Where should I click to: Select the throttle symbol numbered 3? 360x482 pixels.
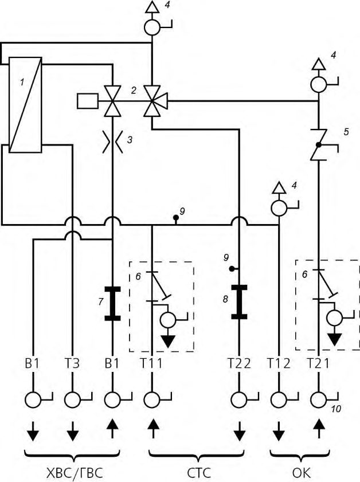click(x=113, y=142)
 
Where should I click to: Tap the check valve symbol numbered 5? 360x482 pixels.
click(x=319, y=145)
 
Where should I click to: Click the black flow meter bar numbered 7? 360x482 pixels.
click(x=112, y=303)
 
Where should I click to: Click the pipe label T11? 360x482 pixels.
click(x=151, y=364)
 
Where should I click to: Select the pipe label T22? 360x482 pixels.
click(x=239, y=364)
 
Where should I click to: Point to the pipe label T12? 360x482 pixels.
click(x=279, y=364)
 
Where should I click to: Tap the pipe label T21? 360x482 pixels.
click(x=319, y=364)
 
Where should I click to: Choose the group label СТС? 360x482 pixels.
click(x=199, y=472)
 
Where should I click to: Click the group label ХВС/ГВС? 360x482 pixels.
click(x=74, y=472)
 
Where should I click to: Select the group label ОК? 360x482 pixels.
click(x=302, y=472)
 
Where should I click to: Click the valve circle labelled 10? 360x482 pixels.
click(x=319, y=400)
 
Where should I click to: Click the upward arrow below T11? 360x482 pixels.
click(x=152, y=429)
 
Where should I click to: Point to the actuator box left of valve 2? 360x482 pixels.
click(x=88, y=101)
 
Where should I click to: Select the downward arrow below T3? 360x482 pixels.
click(x=72, y=431)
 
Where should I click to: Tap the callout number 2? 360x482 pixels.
click(x=133, y=91)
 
